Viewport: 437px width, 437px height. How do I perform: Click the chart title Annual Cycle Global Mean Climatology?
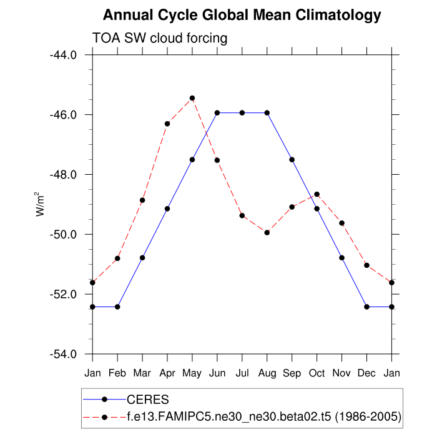(242, 14)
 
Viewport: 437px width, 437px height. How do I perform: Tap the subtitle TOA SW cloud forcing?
(160, 38)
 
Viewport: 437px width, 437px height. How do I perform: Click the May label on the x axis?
(192, 373)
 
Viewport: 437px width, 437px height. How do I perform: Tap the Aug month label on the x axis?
(267, 373)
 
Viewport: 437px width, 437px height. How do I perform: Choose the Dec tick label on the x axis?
(366, 373)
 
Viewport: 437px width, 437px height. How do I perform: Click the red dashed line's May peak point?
(192, 98)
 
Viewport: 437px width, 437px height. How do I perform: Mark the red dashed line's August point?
(267, 232)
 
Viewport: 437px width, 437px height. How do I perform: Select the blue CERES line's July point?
(242, 112)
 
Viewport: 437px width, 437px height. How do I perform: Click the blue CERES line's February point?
(117, 307)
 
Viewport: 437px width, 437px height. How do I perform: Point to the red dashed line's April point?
(167, 124)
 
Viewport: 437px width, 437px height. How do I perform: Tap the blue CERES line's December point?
(366, 307)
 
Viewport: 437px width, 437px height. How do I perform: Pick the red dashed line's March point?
(142, 200)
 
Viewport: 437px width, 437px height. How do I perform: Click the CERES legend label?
(147, 399)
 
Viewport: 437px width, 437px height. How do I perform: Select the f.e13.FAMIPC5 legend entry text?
(263, 416)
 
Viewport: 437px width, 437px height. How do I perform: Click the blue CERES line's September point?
(292, 160)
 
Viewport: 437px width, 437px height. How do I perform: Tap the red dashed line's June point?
(217, 160)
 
